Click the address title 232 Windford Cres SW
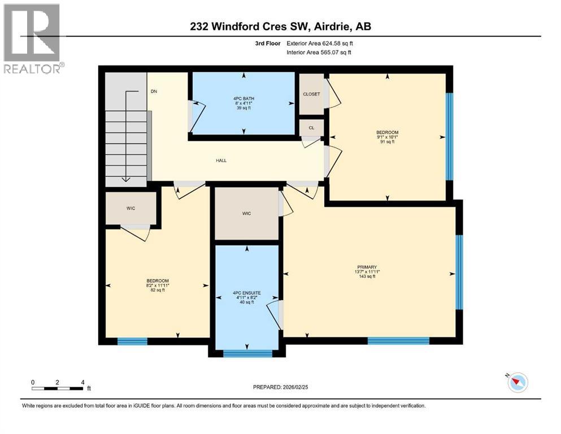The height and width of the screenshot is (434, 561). (280, 27)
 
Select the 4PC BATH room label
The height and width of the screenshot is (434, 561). (243, 98)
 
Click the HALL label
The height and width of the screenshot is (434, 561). (221, 160)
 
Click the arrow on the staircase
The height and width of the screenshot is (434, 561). (126, 136)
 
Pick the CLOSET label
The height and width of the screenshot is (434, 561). (311, 94)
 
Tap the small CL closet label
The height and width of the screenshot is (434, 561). (311, 128)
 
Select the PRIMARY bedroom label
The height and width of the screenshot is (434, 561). (367, 267)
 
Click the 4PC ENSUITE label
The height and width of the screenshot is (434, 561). (246, 293)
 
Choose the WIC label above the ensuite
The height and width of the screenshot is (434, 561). (246, 213)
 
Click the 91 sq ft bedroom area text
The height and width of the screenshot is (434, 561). (388, 142)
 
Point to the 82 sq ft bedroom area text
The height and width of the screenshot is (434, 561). (158, 290)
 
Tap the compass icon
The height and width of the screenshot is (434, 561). (517, 383)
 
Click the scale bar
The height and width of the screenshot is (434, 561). (58, 388)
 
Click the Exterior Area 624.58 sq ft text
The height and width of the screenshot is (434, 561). (321, 43)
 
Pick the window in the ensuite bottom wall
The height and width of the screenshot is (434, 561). (247, 354)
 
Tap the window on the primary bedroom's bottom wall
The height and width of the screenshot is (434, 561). (398, 341)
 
